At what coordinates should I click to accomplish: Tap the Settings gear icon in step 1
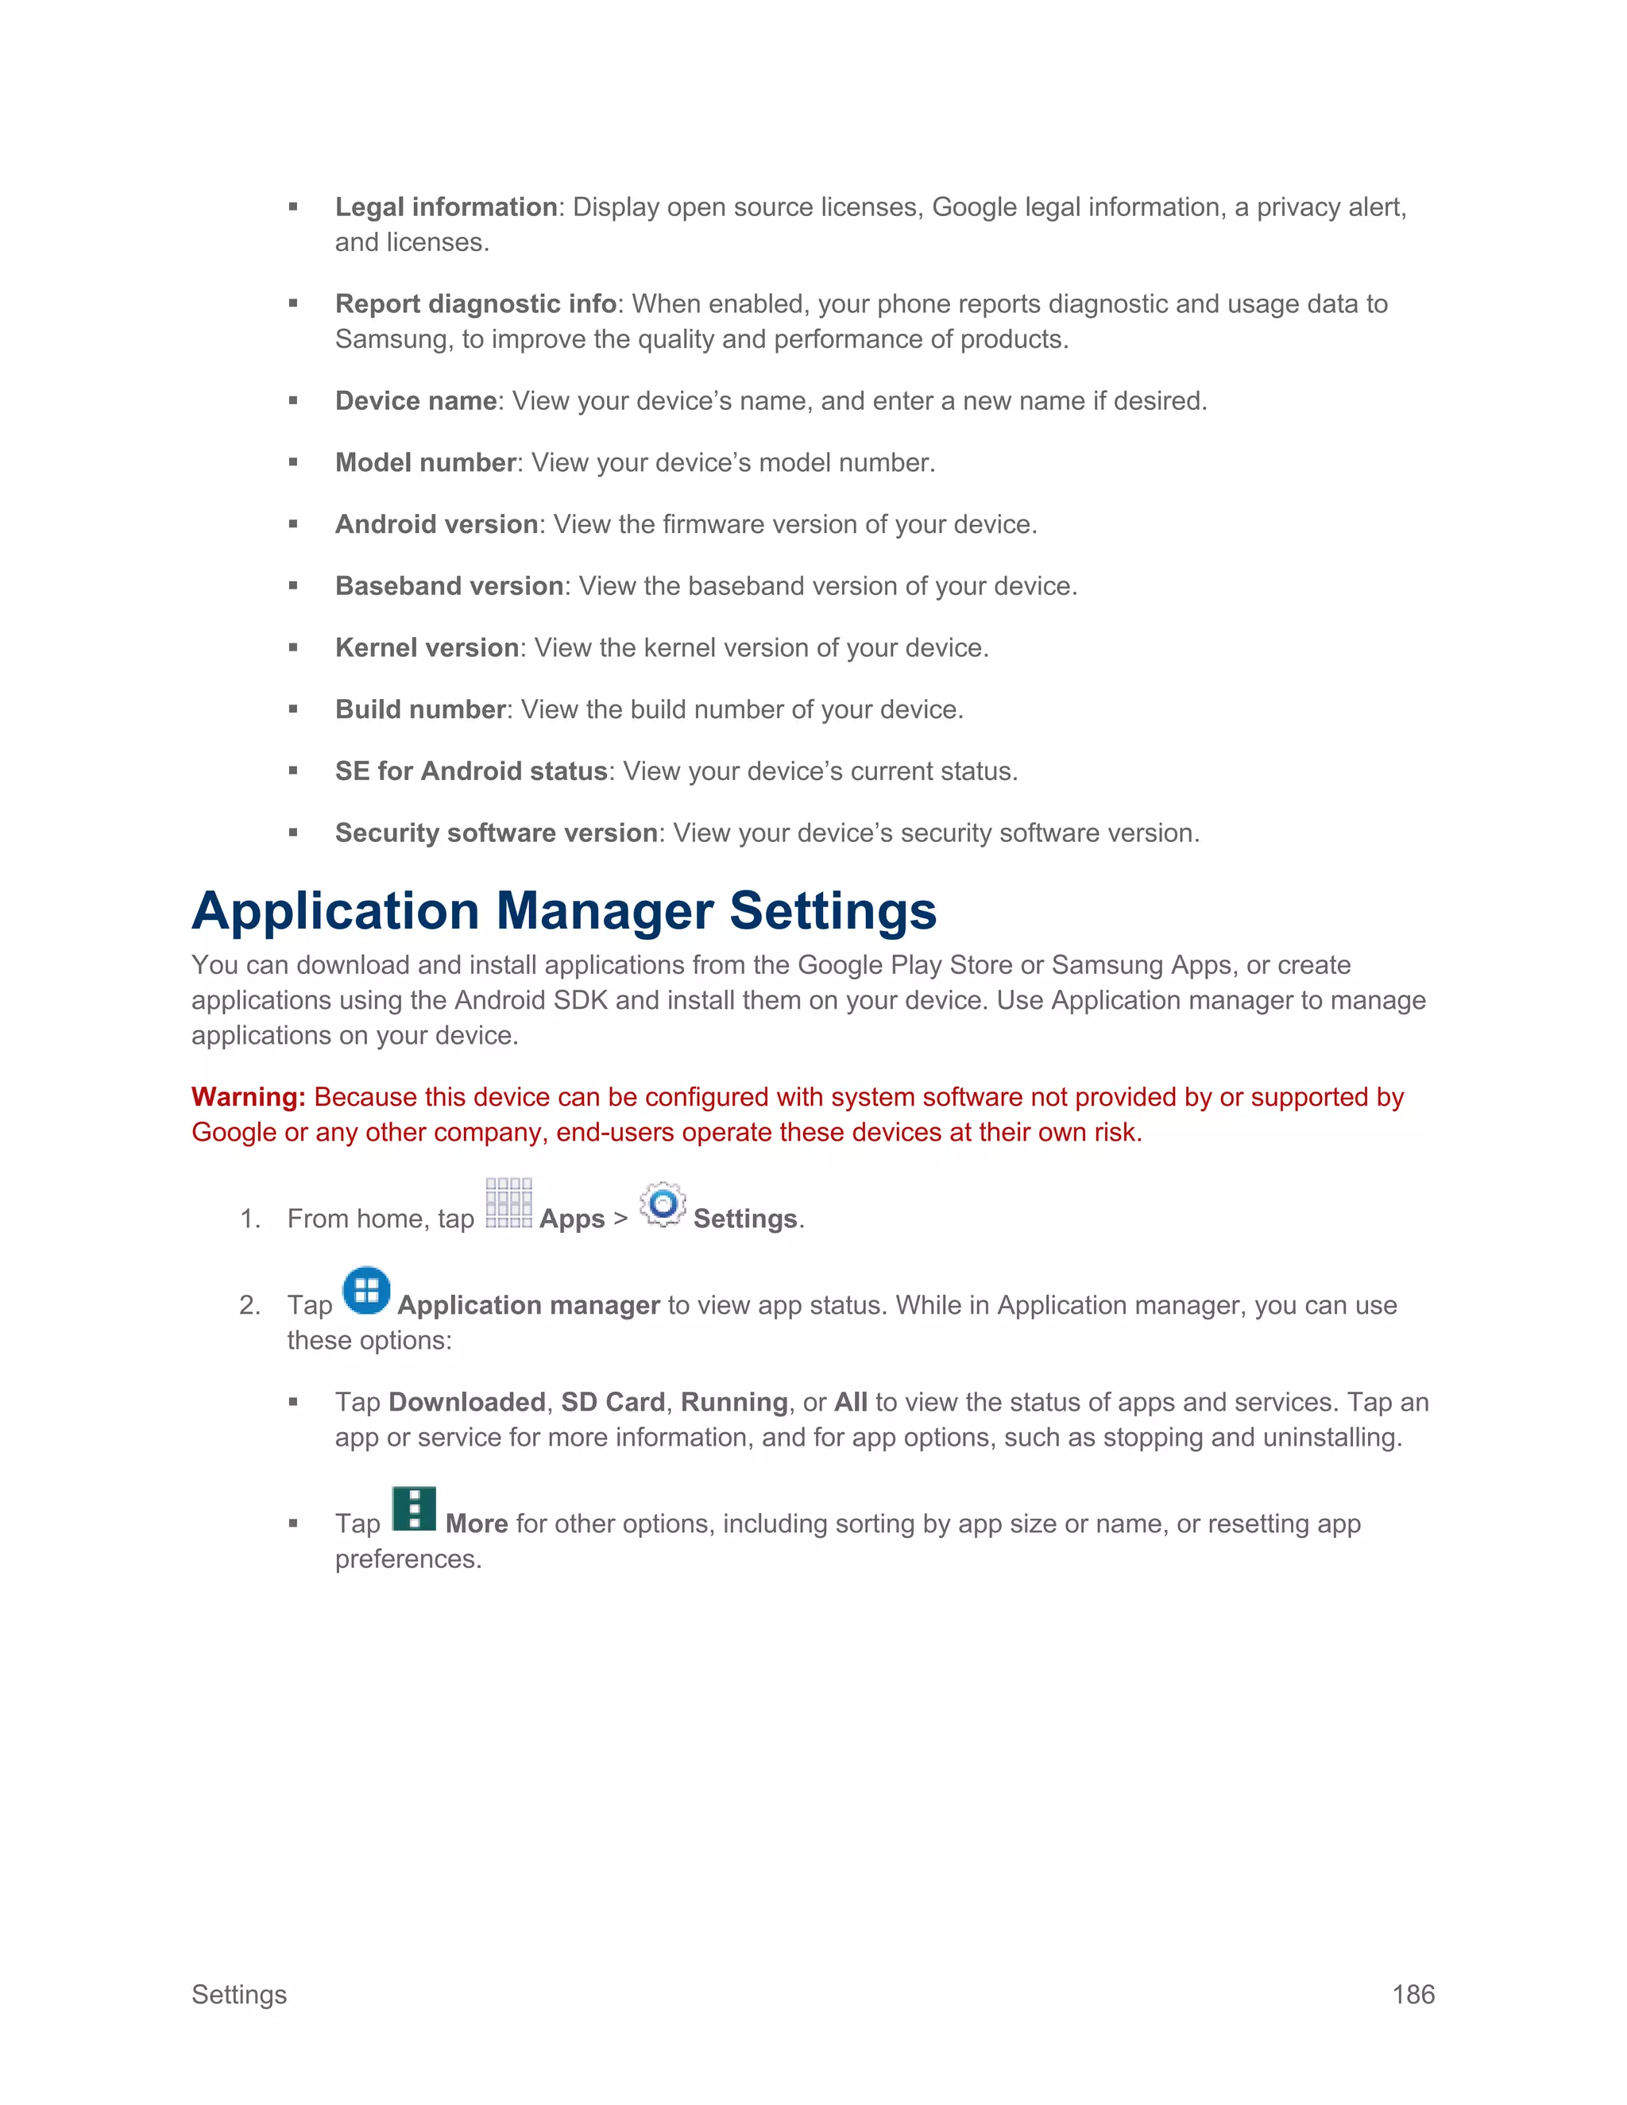663,1203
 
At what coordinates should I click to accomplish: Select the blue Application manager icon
366,1291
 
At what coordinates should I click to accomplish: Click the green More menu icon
415,1508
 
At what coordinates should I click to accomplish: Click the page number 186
1413,1994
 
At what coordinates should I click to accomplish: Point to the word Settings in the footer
239,1994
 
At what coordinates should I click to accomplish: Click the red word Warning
248,1097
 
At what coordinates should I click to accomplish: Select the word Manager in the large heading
604,911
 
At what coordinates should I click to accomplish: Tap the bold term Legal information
446,207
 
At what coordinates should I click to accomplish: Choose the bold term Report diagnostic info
475,303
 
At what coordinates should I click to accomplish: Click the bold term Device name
415,401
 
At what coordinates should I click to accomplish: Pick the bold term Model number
425,462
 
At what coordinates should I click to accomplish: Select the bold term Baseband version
449,586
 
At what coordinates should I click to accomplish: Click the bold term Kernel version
427,647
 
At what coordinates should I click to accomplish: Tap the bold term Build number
420,709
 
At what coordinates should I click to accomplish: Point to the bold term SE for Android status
470,771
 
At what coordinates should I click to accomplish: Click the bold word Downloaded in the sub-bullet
466,1401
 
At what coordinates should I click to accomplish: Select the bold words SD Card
613,1401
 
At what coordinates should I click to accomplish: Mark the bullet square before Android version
293,524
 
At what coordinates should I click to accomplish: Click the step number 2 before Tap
249,1305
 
